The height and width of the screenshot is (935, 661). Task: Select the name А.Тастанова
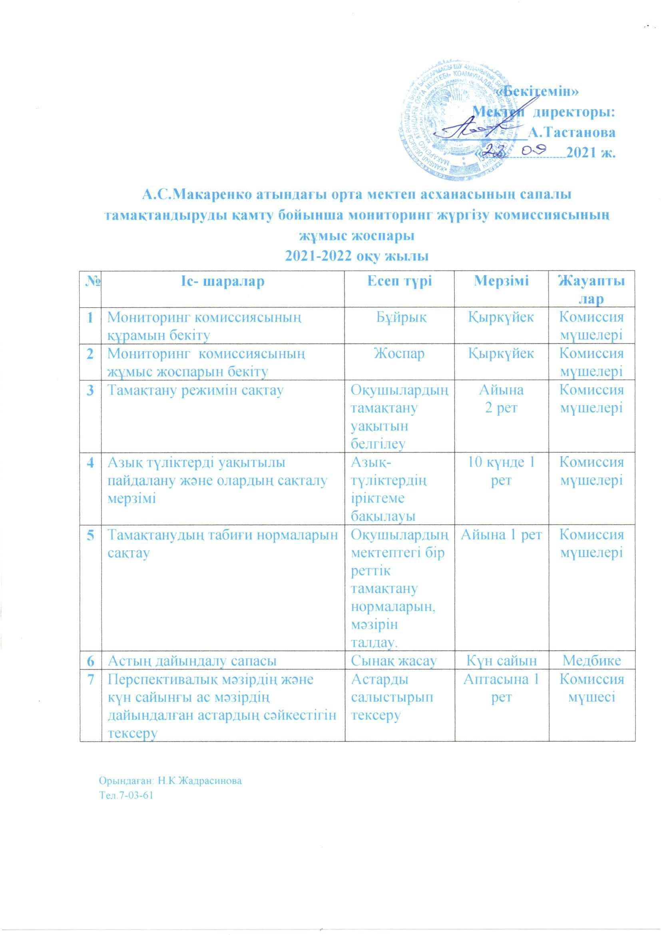572,132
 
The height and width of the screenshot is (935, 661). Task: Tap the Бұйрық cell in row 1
400,317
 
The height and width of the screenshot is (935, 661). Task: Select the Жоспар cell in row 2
400,353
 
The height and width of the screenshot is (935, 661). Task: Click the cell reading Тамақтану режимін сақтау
195,390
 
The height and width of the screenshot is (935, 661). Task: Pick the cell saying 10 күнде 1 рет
502,471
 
